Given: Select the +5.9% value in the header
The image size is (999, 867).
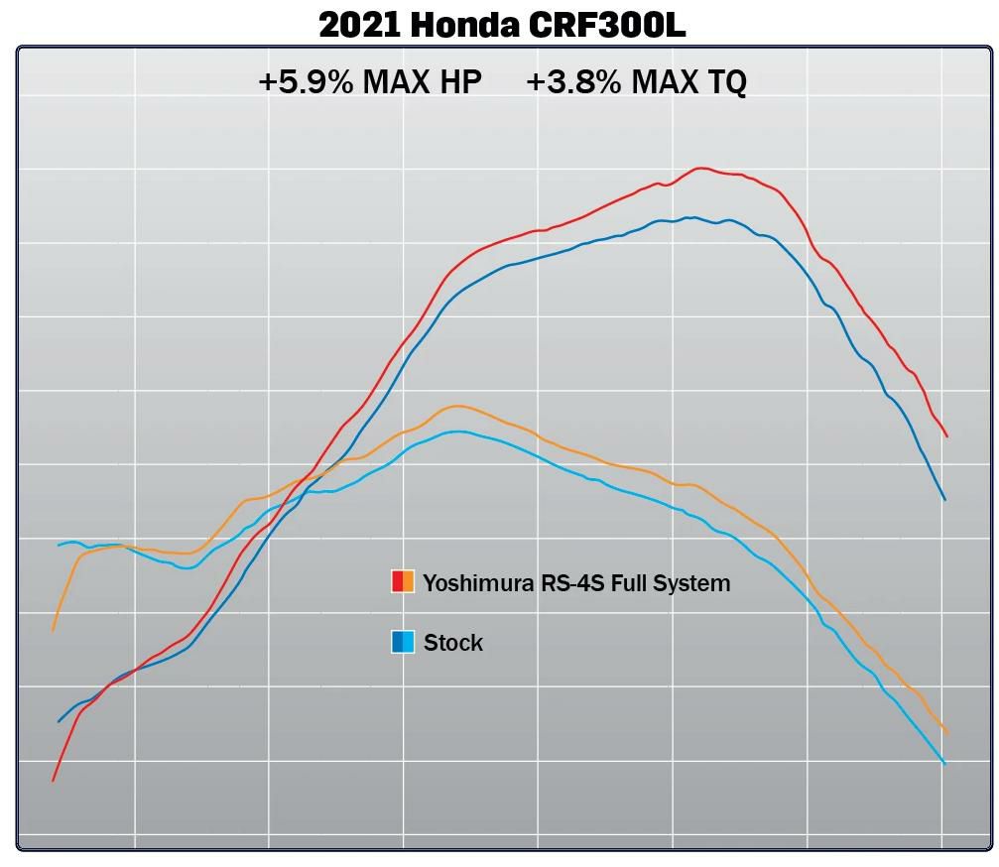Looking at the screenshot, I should click(305, 82).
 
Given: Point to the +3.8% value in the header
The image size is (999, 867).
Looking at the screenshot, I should click(572, 82).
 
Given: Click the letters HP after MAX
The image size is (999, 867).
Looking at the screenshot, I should click(455, 82).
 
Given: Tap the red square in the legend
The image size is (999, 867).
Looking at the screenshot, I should click(397, 582).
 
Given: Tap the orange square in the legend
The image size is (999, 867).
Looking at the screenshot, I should click(408, 582).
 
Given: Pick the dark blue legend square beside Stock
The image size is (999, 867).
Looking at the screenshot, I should click(397, 642).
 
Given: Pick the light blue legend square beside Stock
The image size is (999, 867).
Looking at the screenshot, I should click(408, 642).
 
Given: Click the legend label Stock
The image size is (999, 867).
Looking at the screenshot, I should click(453, 643).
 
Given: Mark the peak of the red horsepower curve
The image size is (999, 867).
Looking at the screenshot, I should click(700, 168).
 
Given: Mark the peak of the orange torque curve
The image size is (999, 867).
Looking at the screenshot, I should click(456, 406).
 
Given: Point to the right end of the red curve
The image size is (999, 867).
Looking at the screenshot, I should click(947, 435).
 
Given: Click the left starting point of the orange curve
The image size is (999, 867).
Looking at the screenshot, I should click(53, 630).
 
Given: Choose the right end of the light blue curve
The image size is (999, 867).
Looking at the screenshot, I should click(944, 763).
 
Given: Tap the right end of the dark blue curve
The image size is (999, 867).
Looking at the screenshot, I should click(944, 499).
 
